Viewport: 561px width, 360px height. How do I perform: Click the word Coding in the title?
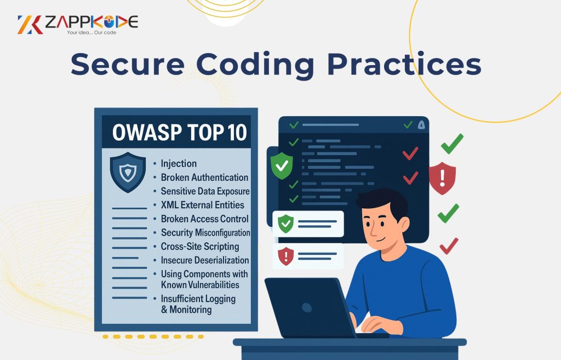point(255,65)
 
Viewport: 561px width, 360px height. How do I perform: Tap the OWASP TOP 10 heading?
point(180,133)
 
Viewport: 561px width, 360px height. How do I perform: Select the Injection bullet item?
point(179,163)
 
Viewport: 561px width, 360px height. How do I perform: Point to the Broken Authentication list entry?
point(204,178)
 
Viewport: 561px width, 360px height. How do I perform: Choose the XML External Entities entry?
point(202,205)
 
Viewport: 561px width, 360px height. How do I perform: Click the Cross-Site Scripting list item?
point(199,247)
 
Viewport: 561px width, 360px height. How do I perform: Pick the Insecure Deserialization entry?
point(205,260)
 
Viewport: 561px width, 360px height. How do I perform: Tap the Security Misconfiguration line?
point(205,233)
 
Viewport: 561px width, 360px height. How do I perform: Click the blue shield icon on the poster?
point(128,172)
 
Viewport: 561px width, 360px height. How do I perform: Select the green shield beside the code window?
point(282,165)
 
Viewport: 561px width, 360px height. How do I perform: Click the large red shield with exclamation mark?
point(442,178)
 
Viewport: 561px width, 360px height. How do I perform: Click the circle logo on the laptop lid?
point(307,307)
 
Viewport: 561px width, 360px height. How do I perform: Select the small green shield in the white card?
point(285,224)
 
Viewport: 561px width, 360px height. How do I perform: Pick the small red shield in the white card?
point(285,256)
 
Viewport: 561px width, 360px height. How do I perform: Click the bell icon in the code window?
point(421,125)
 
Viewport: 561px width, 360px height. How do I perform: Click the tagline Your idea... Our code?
point(91,32)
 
